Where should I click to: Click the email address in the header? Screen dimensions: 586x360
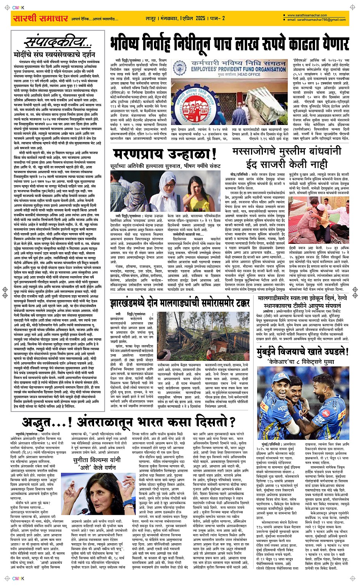pyautogui.click(x=317, y=19)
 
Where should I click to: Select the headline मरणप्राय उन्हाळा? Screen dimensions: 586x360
pyautogui.click(x=165, y=155)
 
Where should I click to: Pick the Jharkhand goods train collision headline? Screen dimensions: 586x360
pyautogui.click(x=180, y=304)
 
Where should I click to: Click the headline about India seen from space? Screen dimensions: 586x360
pyautogui.click(x=128, y=422)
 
